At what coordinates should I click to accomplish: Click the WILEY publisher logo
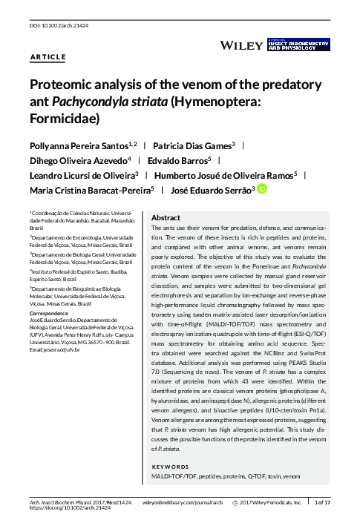pyautogui.click(x=242, y=46)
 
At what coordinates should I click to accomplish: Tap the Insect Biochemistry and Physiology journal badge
pyautogui.click(x=297, y=45)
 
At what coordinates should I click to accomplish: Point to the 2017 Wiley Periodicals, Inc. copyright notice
pyautogui.click(x=274, y=502)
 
